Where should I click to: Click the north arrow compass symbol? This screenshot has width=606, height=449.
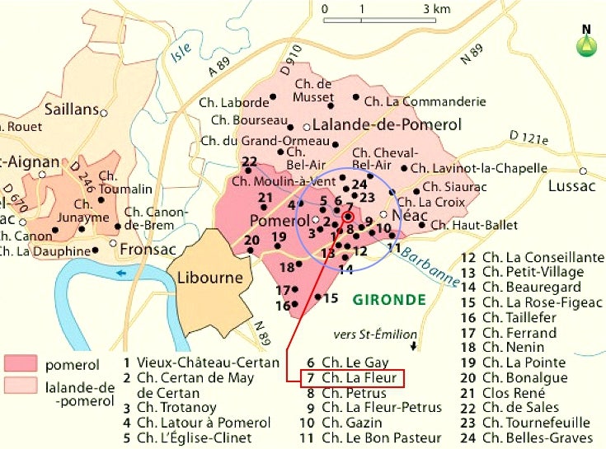(x=586, y=41)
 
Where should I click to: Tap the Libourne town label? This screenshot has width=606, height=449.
(x=209, y=278)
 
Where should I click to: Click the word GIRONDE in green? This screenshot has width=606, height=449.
(x=388, y=299)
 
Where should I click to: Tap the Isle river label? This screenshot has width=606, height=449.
(x=181, y=52)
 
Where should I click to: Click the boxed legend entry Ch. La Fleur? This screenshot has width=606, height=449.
(x=355, y=378)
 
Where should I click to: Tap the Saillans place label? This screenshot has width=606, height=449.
(x=71, y=110)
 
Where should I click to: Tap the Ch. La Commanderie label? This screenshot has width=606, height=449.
(x=425, y=102)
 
